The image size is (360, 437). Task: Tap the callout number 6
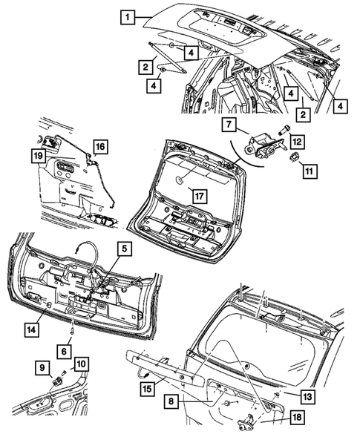pyautogui.click(x=65, y=349)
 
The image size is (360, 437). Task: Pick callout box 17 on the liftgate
pyautogui.click(x=198, y=197)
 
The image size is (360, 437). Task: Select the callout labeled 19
pyautogui.click(x=36, y=155)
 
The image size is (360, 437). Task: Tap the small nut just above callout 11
pyautogui.click(x=293, y=157)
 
